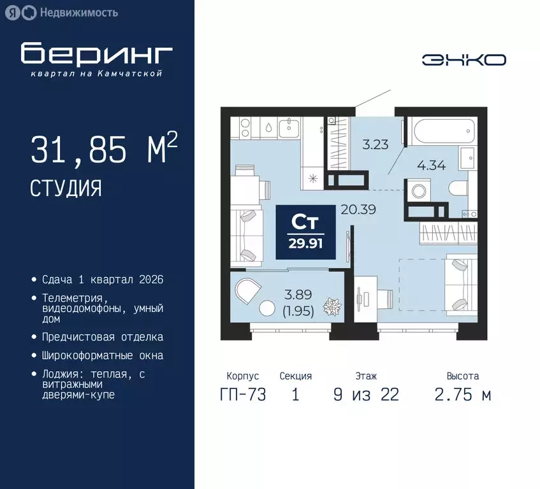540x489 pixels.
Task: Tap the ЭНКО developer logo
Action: pos(464,60)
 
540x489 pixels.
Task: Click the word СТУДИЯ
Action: pos(66,188)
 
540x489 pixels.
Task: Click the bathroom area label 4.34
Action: pos(431,166)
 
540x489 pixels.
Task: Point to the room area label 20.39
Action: pos(358,209)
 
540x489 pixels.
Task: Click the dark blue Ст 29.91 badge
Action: pos(305,232)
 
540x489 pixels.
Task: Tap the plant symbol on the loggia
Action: pos(332,306)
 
